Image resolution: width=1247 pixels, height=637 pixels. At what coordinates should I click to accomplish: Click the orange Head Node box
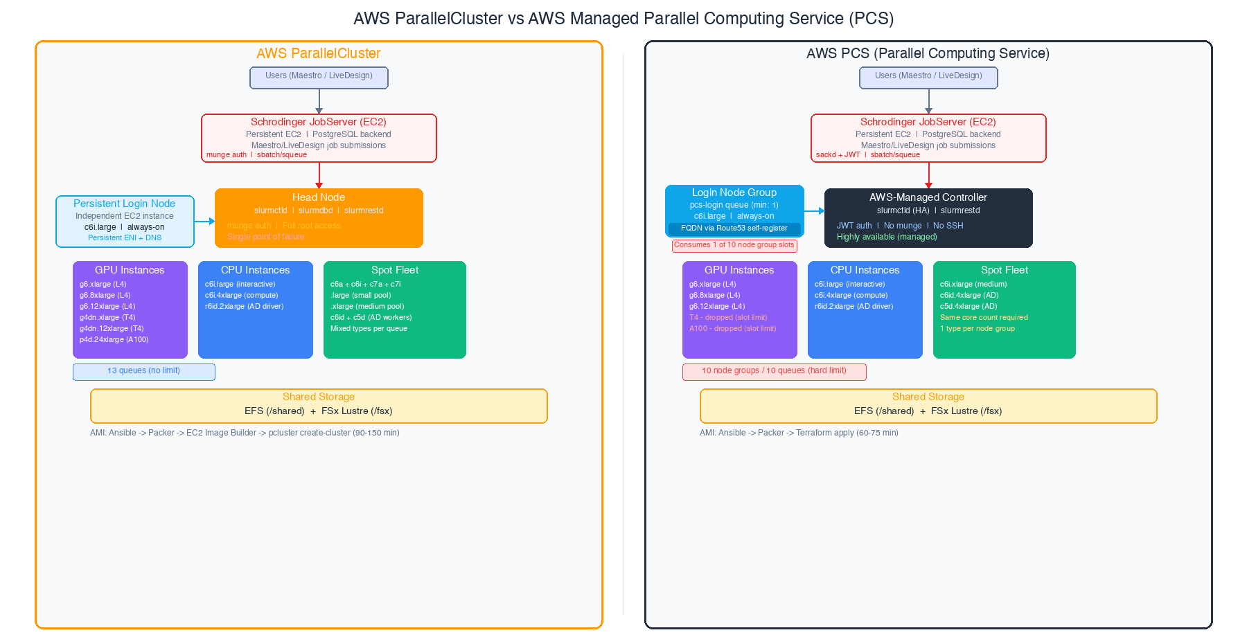pyautogui.click(x=319, y=217)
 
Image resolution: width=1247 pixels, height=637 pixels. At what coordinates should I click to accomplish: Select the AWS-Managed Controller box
pyautogui.click(x=928, y=217)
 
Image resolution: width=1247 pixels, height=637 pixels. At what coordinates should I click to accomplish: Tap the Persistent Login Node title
pyautogui.click(x=125, y=204)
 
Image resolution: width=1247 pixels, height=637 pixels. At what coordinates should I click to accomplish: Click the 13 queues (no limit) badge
pyautogui.click(x=144, y=371)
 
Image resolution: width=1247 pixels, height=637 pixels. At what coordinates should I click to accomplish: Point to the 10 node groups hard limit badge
pyautogui.click(x=774, y=371)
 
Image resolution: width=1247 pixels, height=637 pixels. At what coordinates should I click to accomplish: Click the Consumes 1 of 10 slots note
pyautogui.click(x=734, y=245)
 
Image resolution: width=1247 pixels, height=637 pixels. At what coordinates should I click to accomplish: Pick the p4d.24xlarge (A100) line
pyautogui.click(x=114, y=340)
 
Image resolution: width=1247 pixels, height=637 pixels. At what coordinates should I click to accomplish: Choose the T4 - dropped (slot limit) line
pyautogui.click(x=728, y=318)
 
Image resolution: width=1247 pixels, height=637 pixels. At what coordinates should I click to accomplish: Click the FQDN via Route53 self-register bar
pyautogui.click(x=734, y=228)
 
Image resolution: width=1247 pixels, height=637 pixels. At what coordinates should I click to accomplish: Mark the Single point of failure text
pyautogui.click(x=266, y=237)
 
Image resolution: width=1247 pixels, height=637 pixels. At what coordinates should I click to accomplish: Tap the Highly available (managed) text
pyautogui.click(x=887, y=237)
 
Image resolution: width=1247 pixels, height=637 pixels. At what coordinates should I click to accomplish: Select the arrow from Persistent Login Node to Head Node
pyautogui.click(x=204, y=222)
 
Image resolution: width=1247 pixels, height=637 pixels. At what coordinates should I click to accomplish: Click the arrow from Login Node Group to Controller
pyautogui.click(x=814, y=211)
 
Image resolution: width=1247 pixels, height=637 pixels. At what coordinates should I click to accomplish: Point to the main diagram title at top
pyautogui.click(x=623, y=19)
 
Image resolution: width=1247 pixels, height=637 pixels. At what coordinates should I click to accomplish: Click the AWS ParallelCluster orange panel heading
pyautogui.click(x=319, y=53)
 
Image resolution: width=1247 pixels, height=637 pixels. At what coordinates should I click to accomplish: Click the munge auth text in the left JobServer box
pyautogui.click(x=227, y=155)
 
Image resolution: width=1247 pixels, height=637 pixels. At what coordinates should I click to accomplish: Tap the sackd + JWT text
pyautogui.click(x=838, y=155)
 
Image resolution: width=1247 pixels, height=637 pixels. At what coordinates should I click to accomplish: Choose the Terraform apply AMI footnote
pyautogui.click(x=799, y=433)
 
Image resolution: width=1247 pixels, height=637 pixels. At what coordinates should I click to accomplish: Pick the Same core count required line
pyautogui.click(x=984, y=318)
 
